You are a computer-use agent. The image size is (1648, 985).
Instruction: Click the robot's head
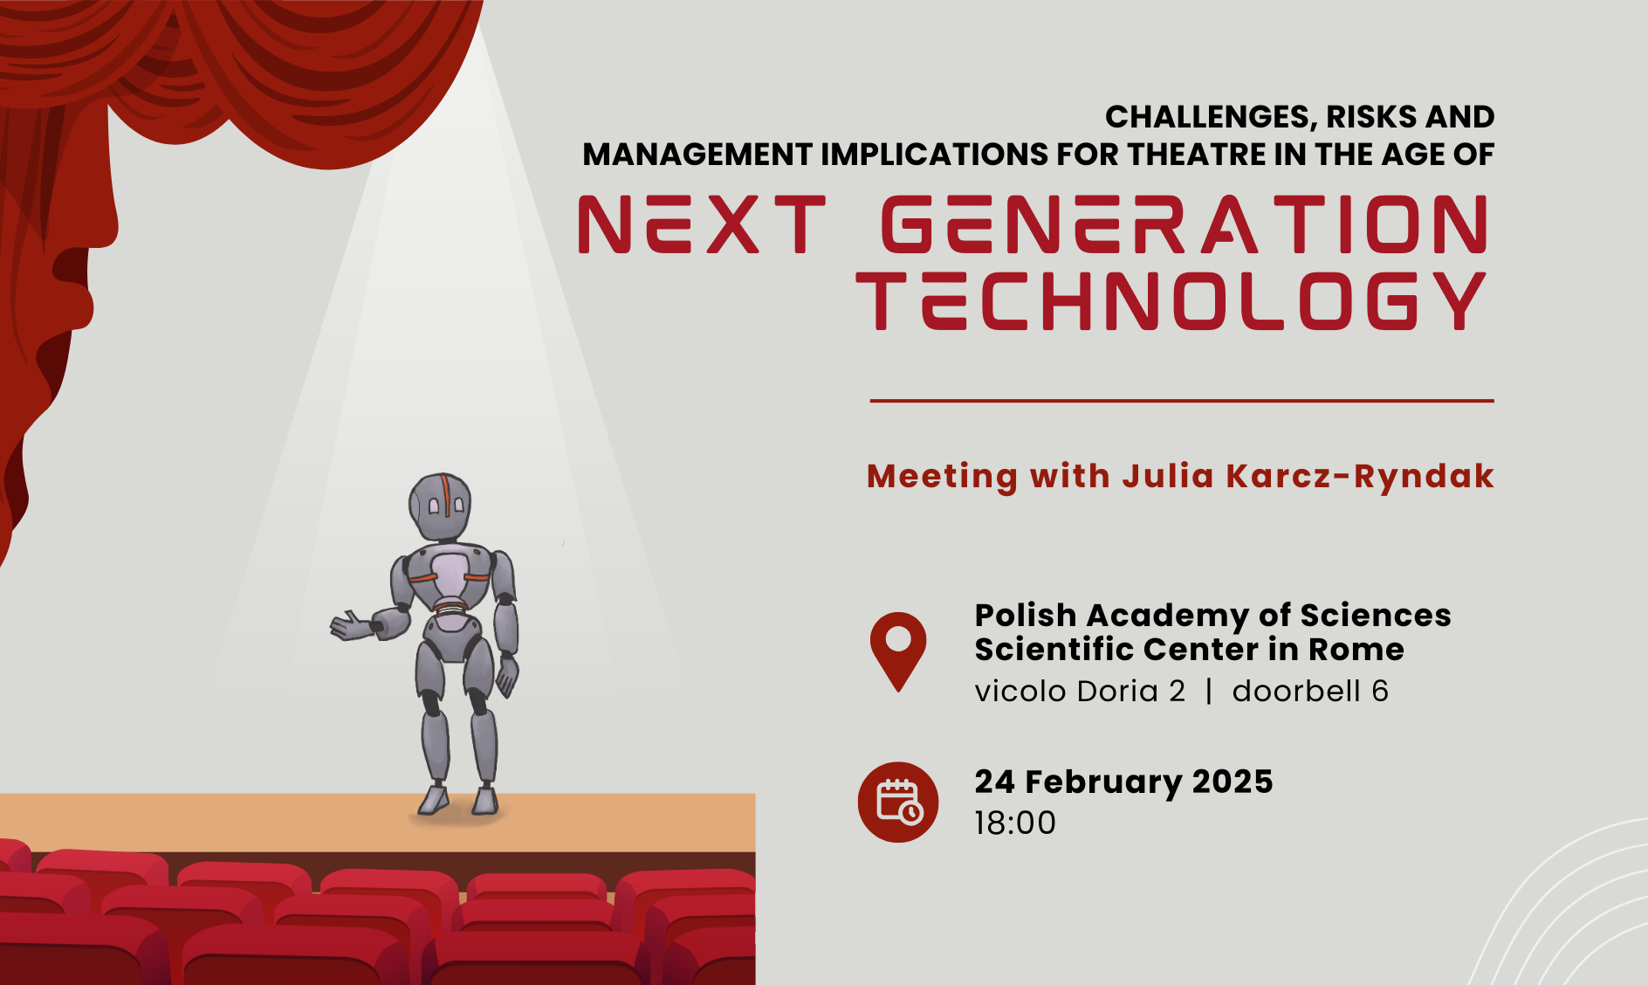coord(440,506)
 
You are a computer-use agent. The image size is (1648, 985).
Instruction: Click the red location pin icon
coord(898,651)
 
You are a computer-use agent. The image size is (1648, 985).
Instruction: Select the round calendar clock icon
coord(898,802)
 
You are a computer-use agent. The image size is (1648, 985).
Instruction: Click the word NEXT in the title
coord(702,224)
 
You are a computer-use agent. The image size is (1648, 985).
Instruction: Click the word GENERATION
coord(1185,224)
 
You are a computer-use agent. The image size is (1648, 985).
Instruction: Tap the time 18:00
coord(1015,823)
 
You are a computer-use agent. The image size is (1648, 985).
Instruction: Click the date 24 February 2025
coord(1123,782)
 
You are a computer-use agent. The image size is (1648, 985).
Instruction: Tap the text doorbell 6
coord(1310,691)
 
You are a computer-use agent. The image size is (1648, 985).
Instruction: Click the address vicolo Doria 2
coord(1080,691)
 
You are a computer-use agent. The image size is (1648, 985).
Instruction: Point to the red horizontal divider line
coord(1182,401)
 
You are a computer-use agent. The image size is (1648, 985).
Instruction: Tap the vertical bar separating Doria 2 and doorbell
coord(1209,691)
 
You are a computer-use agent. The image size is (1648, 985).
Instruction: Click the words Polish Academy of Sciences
coord(1212,616)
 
